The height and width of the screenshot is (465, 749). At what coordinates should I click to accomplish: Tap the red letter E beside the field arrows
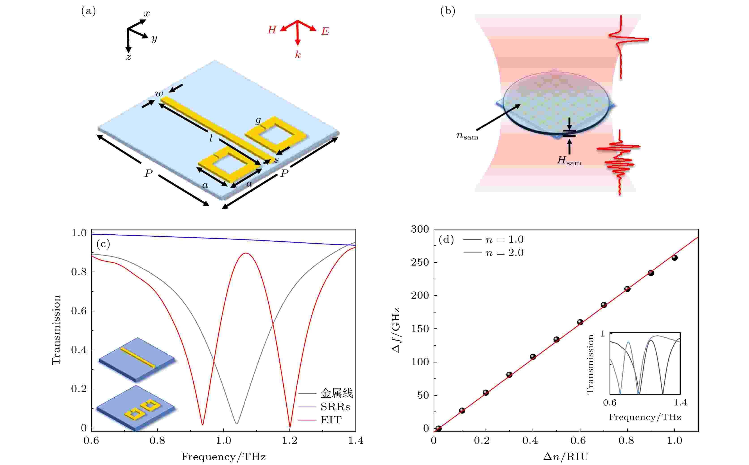[325, 31]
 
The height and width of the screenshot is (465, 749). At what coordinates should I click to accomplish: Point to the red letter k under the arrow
[298, 55]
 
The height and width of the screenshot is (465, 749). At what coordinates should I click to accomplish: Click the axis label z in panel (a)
[128, 57]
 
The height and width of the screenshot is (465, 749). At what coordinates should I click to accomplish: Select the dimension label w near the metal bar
[159, 94]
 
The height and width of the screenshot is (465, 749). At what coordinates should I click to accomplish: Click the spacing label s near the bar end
[276, 160]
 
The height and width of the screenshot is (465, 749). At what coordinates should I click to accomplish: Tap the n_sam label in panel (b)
[467, 136]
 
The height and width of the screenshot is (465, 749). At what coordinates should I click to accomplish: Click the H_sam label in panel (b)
[569, 161]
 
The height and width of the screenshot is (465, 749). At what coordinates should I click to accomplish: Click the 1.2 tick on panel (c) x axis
[290, 441]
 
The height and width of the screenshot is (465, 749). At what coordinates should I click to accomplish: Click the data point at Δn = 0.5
[556, 340]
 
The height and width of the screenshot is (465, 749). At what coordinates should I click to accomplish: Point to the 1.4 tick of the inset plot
[680, 403]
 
